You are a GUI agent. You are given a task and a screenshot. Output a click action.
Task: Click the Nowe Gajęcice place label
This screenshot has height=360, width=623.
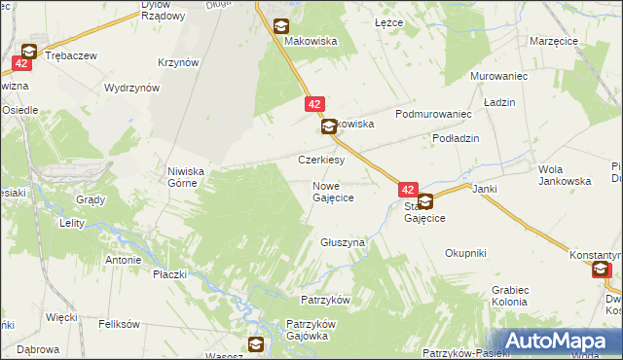332,192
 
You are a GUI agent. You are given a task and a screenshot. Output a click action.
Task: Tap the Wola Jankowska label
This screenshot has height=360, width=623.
565,175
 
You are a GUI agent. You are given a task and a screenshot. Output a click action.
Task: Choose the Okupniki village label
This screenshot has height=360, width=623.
464,253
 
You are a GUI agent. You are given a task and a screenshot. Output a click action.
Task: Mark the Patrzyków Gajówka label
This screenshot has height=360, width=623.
311,330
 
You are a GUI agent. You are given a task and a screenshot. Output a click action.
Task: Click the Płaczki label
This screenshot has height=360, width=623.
169,274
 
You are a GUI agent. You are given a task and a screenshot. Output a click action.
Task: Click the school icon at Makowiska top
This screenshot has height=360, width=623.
280,26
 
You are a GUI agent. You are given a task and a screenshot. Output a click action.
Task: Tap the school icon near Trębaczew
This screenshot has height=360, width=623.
29,51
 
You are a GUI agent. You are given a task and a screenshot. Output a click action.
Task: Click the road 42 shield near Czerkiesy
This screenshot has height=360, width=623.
313,103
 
